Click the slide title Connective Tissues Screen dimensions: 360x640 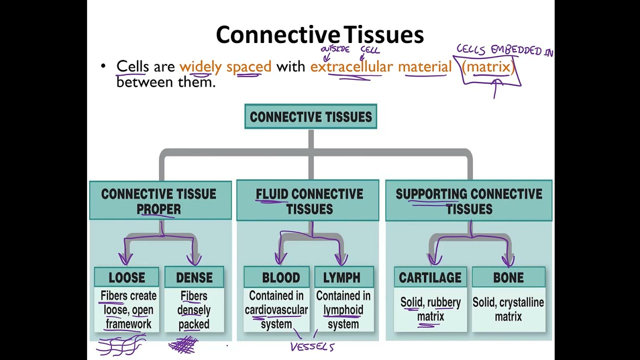(320, 35)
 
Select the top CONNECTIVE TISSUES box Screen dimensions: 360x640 (310, 116)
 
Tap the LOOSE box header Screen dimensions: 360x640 (126, 277)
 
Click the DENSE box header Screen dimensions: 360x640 (194, 277)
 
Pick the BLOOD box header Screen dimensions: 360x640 (280, 277)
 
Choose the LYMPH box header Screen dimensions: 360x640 (341, 277)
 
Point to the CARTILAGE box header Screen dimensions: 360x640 (430, 277)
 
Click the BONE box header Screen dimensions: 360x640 (508, 277)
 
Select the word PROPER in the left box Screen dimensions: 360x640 (158, 209)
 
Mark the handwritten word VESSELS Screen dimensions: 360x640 (312, 346)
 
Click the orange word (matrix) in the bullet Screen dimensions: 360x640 (487, 66)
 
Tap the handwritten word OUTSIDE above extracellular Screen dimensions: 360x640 (334, 49)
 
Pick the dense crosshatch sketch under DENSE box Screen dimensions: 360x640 (183, 345)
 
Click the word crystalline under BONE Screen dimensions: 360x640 (521, 302)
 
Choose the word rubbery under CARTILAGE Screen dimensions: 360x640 (444, 302)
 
